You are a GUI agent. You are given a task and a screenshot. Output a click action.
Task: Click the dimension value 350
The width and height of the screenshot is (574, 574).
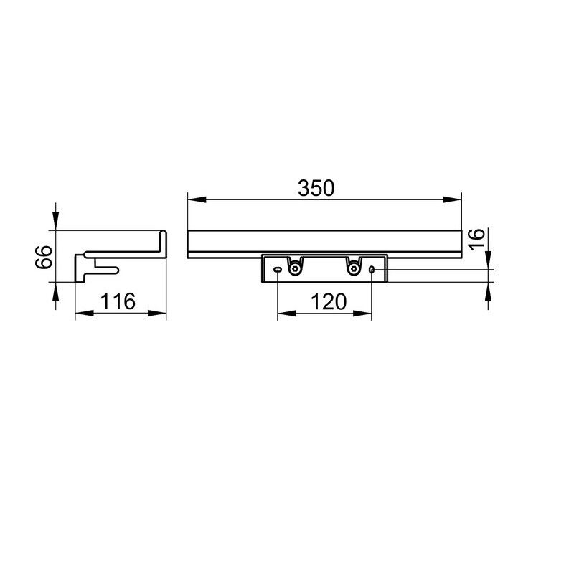(x=316, y=188)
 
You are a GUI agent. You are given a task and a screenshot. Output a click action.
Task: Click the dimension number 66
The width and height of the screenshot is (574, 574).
(x=44, y=258)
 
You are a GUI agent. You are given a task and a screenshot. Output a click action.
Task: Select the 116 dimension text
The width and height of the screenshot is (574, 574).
(x=118, y=301)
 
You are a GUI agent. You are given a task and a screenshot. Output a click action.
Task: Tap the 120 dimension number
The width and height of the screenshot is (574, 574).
(x=329, y=302)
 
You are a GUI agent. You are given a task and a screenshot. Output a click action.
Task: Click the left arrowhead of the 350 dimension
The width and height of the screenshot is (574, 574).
(x=196, y=199)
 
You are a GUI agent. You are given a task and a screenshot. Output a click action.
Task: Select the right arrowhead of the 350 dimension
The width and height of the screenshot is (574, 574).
(x=452, y=199)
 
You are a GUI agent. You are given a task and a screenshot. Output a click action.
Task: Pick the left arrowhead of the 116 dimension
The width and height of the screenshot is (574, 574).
(x=84, y=314)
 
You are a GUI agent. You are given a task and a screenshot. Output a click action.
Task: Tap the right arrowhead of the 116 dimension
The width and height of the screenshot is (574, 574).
(x=157, y=314)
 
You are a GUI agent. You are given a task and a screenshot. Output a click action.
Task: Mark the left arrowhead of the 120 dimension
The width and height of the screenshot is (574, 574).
(x=286, y=314)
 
